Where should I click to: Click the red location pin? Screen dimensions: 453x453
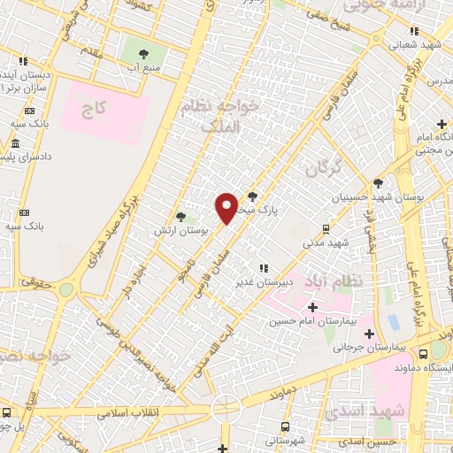pyautogui.click(x=227, y=207)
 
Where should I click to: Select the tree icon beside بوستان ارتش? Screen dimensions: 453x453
pyautogui.click(x=181, y=216)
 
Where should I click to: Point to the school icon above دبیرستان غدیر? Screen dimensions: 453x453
pyautogui.click(x=263, y=268)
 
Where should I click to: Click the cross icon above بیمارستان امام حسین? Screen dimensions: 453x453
pyautogui.click(x=312, y=307)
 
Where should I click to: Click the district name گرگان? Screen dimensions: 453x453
pyautogui.click(x=321, y=167)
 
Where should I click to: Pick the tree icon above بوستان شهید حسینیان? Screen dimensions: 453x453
pyautogui.click(x=379, y=183)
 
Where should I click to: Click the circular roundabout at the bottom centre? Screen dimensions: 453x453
pyautogui.click(x=226, y=409)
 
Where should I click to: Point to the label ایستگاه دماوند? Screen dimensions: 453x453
pyautogui.click(x=422, y=366)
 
